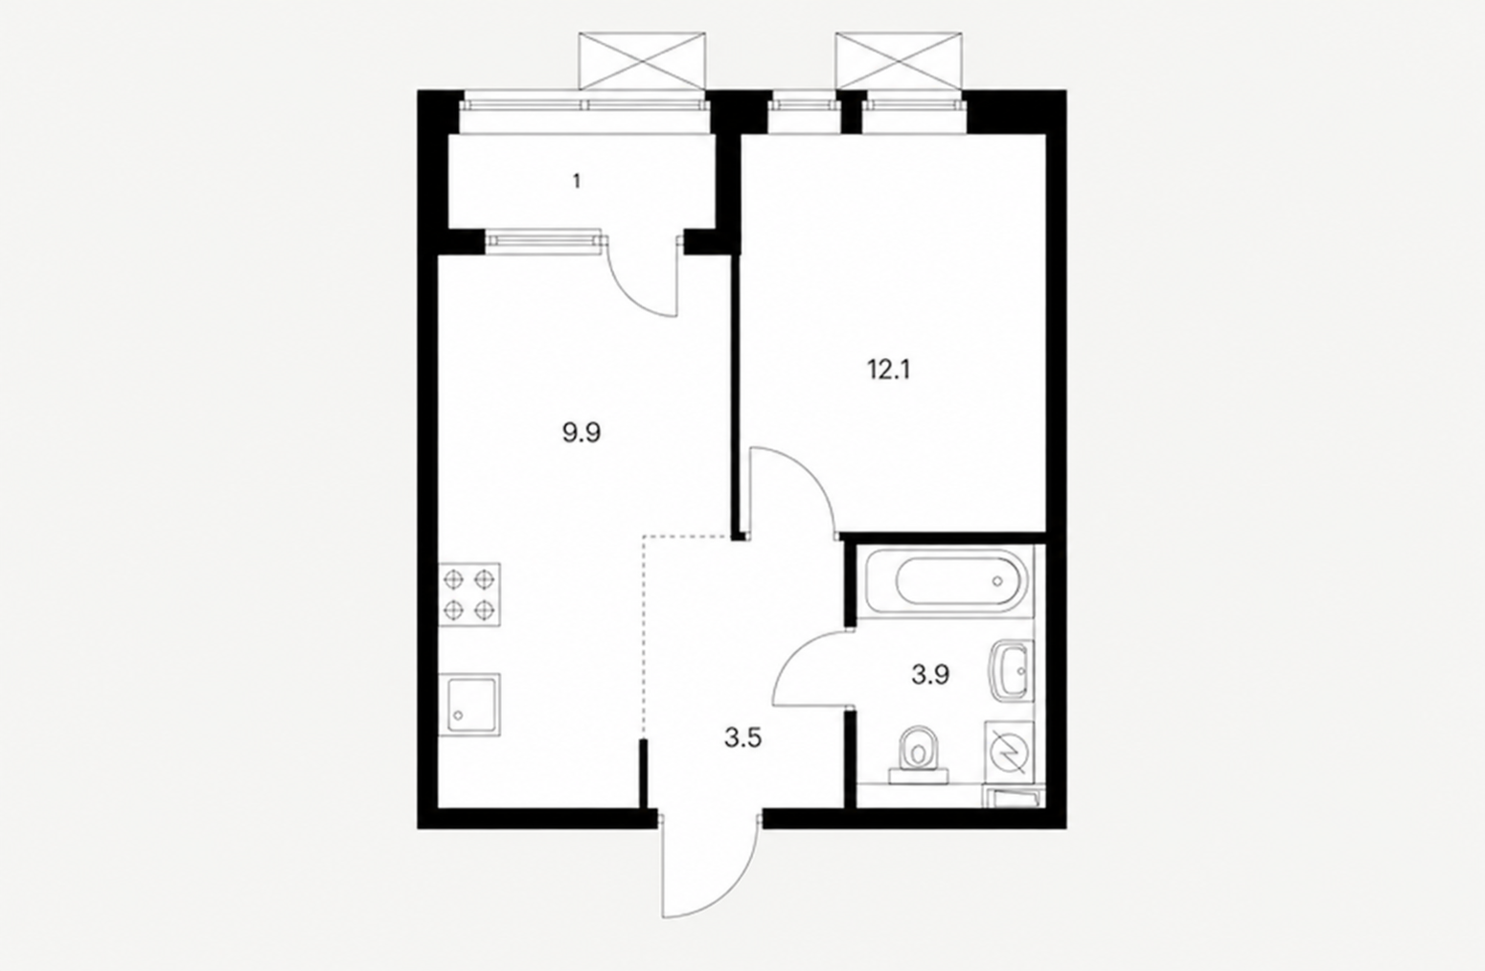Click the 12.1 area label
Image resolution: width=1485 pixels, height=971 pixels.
tap(889, 370)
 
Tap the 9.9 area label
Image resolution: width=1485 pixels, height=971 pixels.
tap(582, 433)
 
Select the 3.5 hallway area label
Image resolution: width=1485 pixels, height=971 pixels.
tap(742, 737)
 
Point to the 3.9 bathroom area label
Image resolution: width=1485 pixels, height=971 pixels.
tap(931, 675)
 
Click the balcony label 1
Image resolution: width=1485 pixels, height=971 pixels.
tap(577, 181)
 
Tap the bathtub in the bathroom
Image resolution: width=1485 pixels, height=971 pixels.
tap(946, 581)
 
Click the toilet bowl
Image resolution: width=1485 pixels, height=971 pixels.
tap(918, 756)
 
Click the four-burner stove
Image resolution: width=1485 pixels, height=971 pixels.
tap(469, 595)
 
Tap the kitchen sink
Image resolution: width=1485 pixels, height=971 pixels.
tap(469, 705)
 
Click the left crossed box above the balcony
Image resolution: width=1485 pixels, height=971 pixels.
tap(643, 61)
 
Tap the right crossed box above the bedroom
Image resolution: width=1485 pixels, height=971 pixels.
tap(899, 61)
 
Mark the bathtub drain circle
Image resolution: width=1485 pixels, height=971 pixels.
tap(997, 581)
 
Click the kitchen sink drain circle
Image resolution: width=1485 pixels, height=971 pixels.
tap(457, 715)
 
